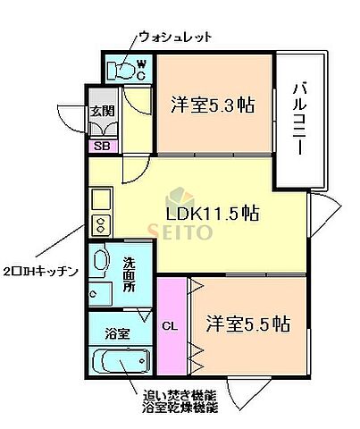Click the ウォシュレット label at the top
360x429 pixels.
pos(176,37)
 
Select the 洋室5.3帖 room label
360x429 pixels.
pos(212,104)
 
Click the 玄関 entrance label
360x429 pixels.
pos(100,112)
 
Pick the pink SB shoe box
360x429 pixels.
pos(100,146)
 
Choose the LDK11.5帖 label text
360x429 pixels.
pos(213,214)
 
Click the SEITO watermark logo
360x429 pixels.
pos(186,223)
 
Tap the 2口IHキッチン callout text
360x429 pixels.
pos(40,271)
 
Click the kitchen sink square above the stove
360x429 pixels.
pos(100,198)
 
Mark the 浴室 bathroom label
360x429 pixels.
pos(118,333)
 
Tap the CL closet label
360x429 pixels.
pos(170,326)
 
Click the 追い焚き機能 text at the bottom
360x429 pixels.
pos(179,394)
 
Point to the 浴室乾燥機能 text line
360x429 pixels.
pos(179,408)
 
